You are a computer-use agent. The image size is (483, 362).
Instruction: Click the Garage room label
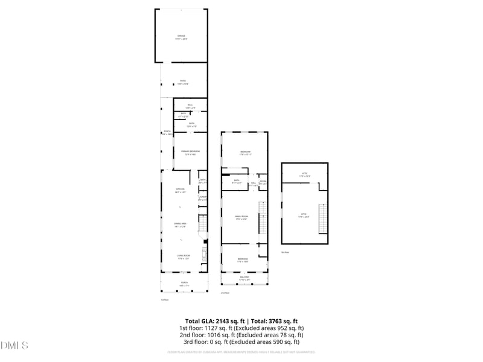pyautogui.click(x=182, y=37)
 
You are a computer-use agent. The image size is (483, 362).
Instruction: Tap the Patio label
pyautogui.click(x=183, y=82)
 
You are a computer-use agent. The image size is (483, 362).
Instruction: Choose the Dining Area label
pyautogui.click(x=180, y=225)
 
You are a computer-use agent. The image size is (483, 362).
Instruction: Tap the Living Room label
pyautogui.click(x=184, y=257)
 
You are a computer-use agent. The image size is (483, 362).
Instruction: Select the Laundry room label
pyautogui.click(x=203, y=197)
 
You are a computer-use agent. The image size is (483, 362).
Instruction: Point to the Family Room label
pyautogui.click(x=241, y=218)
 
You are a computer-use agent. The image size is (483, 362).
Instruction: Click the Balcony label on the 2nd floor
pyautogui.click(x=244, y=278)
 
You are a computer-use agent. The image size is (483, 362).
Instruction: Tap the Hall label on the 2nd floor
pyautogui.click(x=254, y=183)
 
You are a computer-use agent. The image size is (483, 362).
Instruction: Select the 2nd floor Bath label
pyautogui.click(x=236, y=182)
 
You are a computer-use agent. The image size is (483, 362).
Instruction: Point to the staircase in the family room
pyautogui.click(x=262, y=218)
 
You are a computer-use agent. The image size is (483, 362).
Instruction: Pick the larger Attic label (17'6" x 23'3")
pyautogui.click(x=304, y=215)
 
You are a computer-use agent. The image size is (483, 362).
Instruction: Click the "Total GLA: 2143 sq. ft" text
pyautogui.click(x=212, y=321)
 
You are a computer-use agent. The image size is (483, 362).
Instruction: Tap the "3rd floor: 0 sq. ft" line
pyautogui.click(x=241, y=342)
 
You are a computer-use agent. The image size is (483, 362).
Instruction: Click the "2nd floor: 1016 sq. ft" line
pyautogui.click(x=241, y=335)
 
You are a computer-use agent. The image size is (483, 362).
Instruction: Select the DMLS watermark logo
pyautogui.click(x=14, y=346)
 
